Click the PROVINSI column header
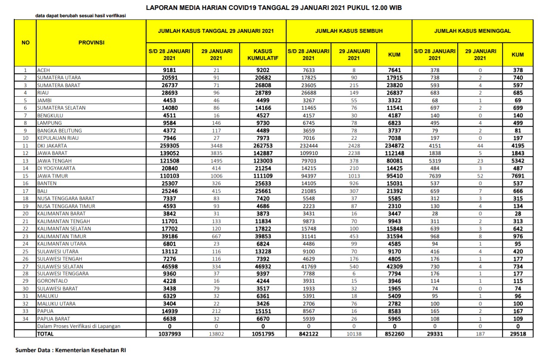coord(91,43)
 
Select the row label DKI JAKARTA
coord(53,146)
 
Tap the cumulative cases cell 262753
coord(262,146)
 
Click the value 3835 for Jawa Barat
coord(217,153)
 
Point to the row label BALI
coord(43,191)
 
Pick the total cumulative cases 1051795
coord(262,334)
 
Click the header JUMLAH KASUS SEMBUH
coord(349,31)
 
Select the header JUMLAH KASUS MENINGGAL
coord(472,31)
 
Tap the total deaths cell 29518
coord(518,334)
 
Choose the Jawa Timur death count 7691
coord(518,176)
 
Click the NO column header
coord(25,43)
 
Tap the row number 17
coord(25,191)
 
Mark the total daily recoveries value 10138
coord(354,334)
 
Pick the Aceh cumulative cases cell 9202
coord(262,70)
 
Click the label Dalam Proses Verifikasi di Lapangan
coord(78,326)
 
